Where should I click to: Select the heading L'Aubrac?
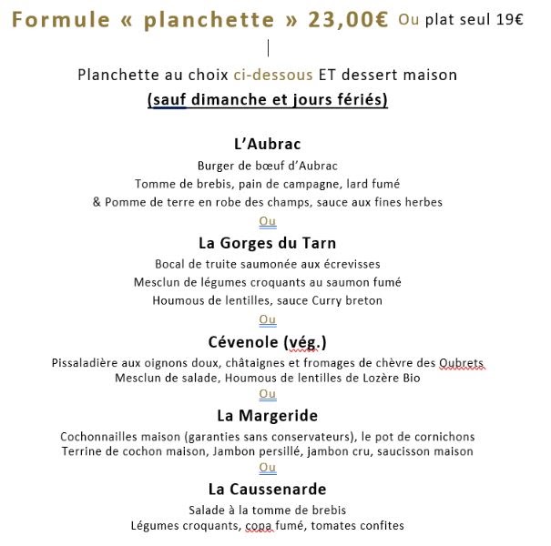pyautogui.click(x=267, y=144)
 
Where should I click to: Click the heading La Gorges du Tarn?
pyautogui.click(x=267, y=243)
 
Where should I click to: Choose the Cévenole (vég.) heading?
pyautogui.click(x=267, y=342)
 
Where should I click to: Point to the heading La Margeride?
pyautogui.click(x=267, y=416)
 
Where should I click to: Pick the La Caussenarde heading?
pyautogui.click(x=267, y=490)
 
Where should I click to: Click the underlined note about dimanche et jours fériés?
pyautogui.click(x=267, y=99)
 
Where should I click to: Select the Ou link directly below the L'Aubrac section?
pyautogui.click(x=267, y=221)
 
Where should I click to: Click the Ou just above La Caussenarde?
pyautogui.click(x=267, y=468)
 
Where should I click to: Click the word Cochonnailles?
pyautogui.click(x=103, y=436)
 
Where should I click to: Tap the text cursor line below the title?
pyautogui.click(x=269, y=46)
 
